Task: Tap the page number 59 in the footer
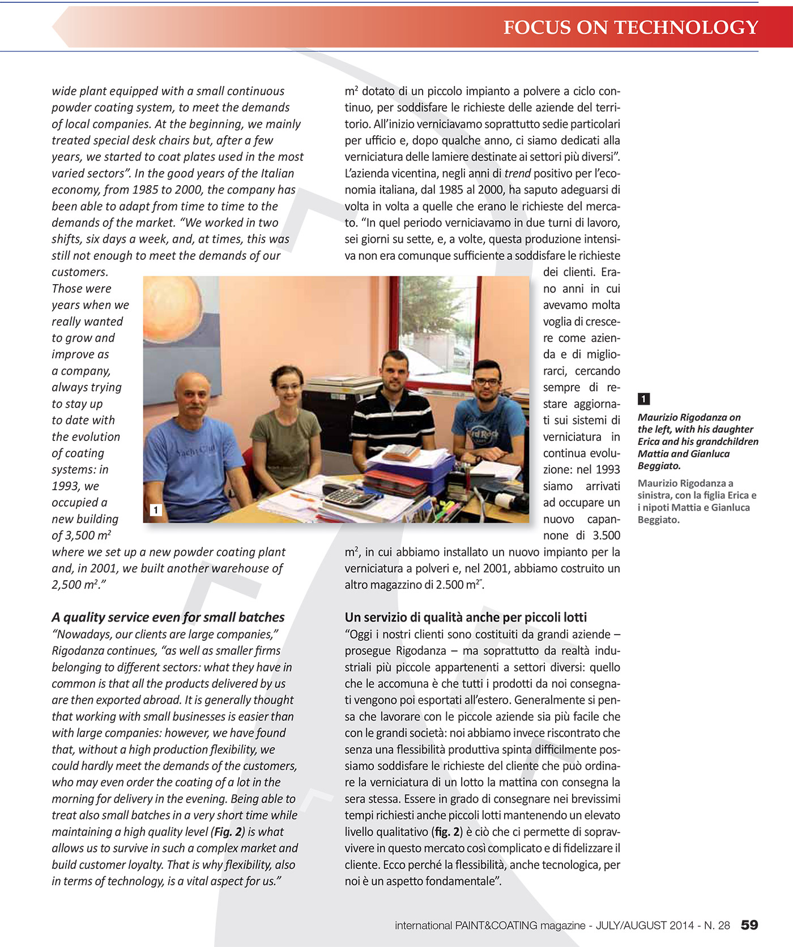coord(749,925)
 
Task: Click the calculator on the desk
coord(347,497)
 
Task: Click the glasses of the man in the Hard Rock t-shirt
coord(487,382)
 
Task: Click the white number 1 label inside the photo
coord(156,509)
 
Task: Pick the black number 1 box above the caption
coord(643,398)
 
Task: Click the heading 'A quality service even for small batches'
coord(168,617)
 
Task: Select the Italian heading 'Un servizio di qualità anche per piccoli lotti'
coord(466,617)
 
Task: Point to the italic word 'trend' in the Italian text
coord(518,173)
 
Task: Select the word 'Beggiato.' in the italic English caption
coord(659,466)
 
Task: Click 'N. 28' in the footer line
coord(717,925)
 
